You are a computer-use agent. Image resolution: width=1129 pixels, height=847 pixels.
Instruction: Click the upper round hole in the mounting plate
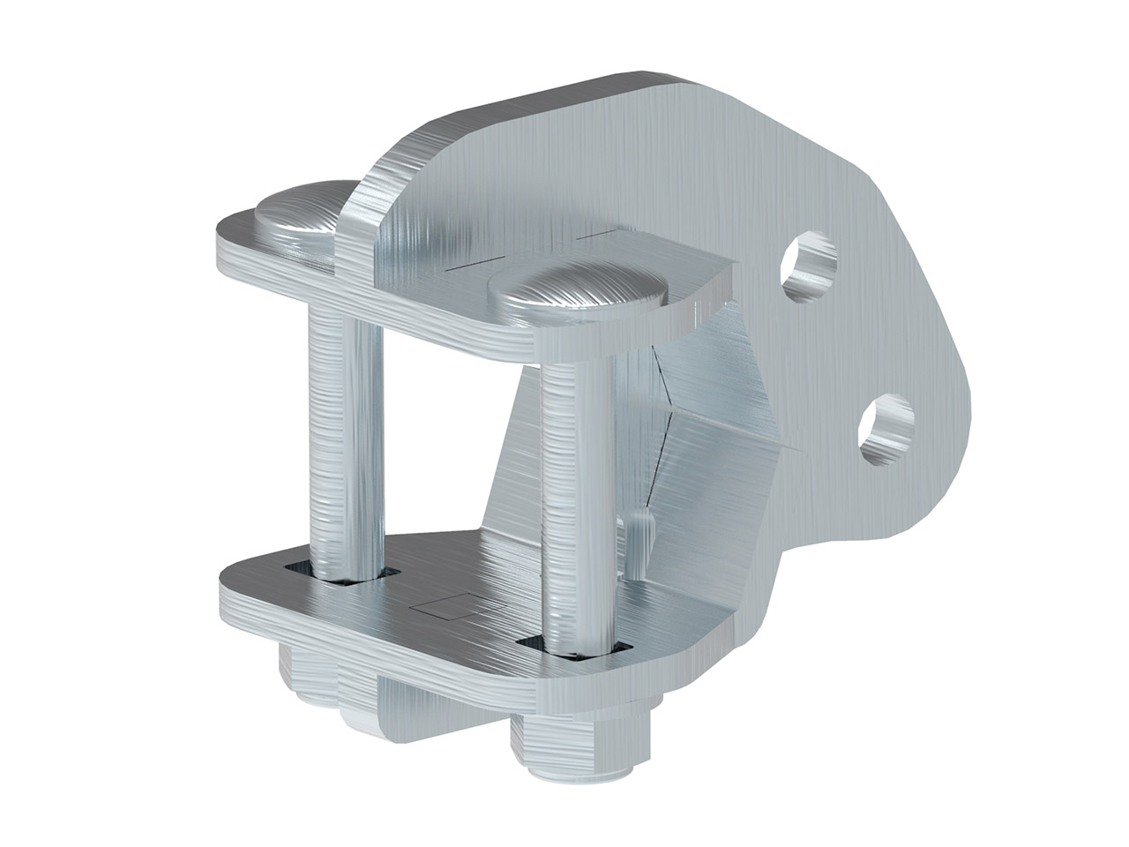(810, 266)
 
